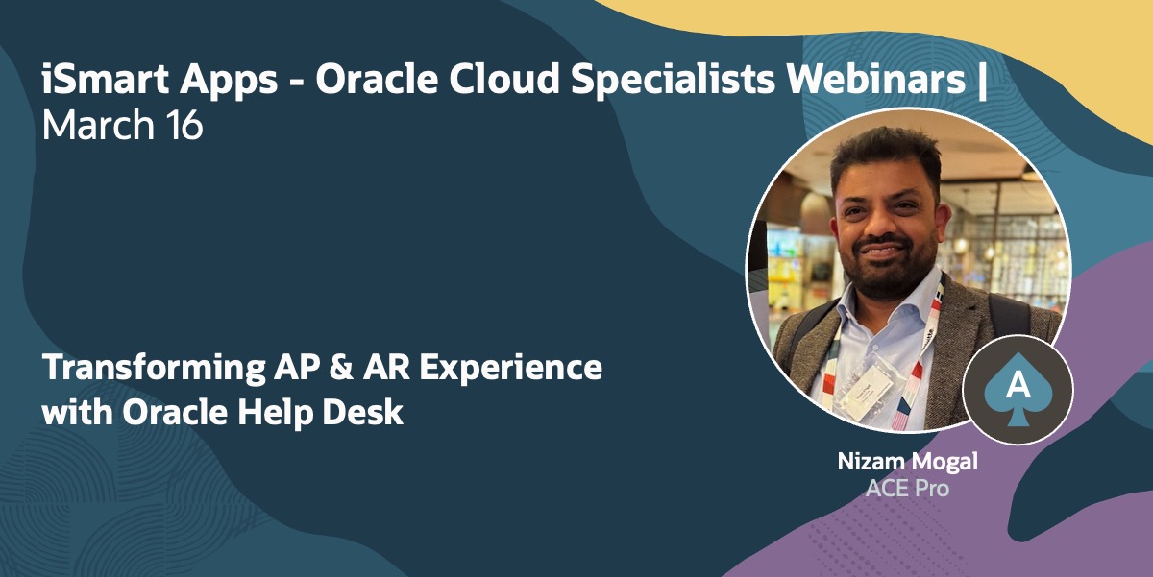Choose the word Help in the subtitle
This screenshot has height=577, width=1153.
coord(288,414)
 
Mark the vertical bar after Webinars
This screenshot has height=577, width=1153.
coord(980,81)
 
